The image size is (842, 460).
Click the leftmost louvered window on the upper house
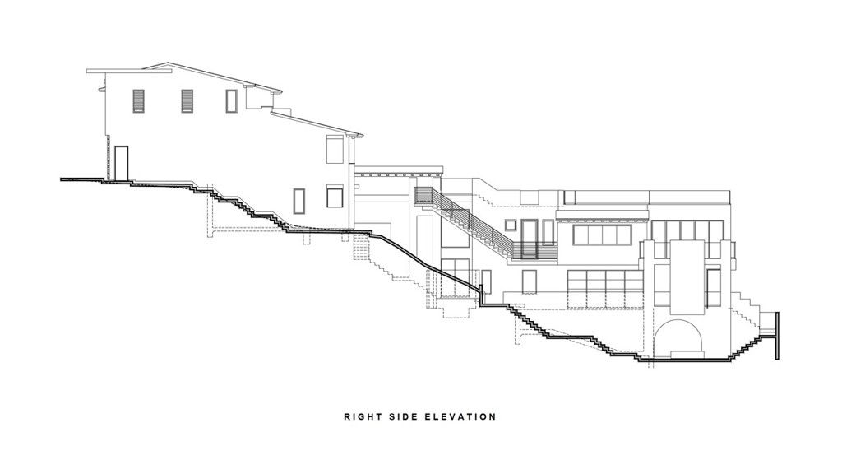pyautogui.click(x=138, y=101)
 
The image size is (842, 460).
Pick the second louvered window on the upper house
pyautogui.click(x=187, y=101)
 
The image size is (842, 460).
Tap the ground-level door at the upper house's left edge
pyautogui.click(x=122, y=164)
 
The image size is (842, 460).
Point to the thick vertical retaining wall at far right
pyautogui.click(x=777, y=336)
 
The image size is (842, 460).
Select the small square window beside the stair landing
pyautogui.click(x=510, y=225)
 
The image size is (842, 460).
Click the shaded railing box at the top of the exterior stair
pyautogui.click(x=423, y=196)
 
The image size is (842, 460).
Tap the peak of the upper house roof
pyautogui.click(x=168, y=63)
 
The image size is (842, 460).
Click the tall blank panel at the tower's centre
pyautogui.click(x=687, y=277)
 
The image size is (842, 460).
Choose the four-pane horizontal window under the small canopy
pyautogui.click(x=602, y=235)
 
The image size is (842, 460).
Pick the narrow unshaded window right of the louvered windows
pyautogui.click(x=231, y=101)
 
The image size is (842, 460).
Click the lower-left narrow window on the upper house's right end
pyautogui.click(x=299, y=201)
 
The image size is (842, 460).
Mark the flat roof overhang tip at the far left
pyautogui.click(x=87, y=71)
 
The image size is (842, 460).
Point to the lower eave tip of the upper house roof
pyautogui.click(x=362, y=135)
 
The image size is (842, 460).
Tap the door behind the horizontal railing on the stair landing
pyautogui.click(x=530, y=239)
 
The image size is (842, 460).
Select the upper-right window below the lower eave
pyautogui.click(x=335, y=149)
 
